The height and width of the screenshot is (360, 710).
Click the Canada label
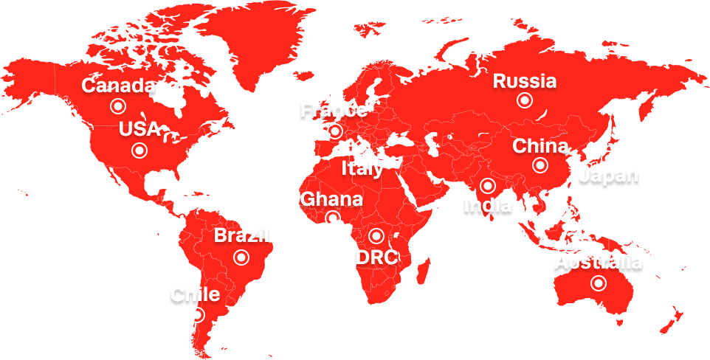(x=118, y=86)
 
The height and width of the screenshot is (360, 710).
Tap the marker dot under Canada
(x=117, y=106)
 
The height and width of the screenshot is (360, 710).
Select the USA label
(x=139, y=129)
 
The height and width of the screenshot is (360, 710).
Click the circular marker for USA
(x=139, y=151)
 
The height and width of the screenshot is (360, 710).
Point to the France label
(x=333, y=111)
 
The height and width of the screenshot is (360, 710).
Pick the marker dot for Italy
(x=362, y=148)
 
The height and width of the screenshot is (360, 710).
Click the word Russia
(x=525, y=81)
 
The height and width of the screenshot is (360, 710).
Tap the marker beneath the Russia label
(x=524, y=100)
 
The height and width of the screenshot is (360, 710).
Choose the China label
(x=540, y=146)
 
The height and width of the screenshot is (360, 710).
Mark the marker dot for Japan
(x=609, y=158)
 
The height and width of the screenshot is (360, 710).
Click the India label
(x=487, y=204)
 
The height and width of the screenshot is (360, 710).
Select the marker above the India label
(x=487, y=185)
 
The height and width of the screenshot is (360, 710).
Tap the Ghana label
(x=331, y=199)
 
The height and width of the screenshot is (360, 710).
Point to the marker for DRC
(x=376, y=236)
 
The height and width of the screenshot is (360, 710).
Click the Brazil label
(x=242, y=237)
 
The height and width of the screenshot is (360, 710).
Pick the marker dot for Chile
(x=196, y=315)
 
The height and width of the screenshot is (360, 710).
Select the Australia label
(x=599, y=263)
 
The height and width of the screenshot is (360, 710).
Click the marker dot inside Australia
(x=599, y=283)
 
